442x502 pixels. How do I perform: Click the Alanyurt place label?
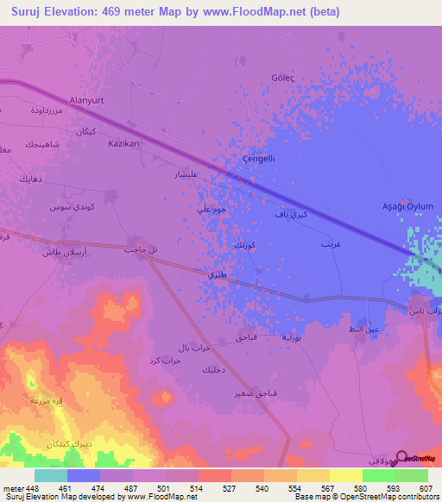[x=86, y=101]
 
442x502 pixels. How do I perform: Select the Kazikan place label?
[x=123, y=144]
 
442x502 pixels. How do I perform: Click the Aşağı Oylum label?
[x=407, y=206]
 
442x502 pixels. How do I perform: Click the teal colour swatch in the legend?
[x=51, y=474]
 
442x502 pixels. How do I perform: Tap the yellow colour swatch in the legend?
[x=346, y=474]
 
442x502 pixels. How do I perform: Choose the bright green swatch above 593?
[x=379, y=474]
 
